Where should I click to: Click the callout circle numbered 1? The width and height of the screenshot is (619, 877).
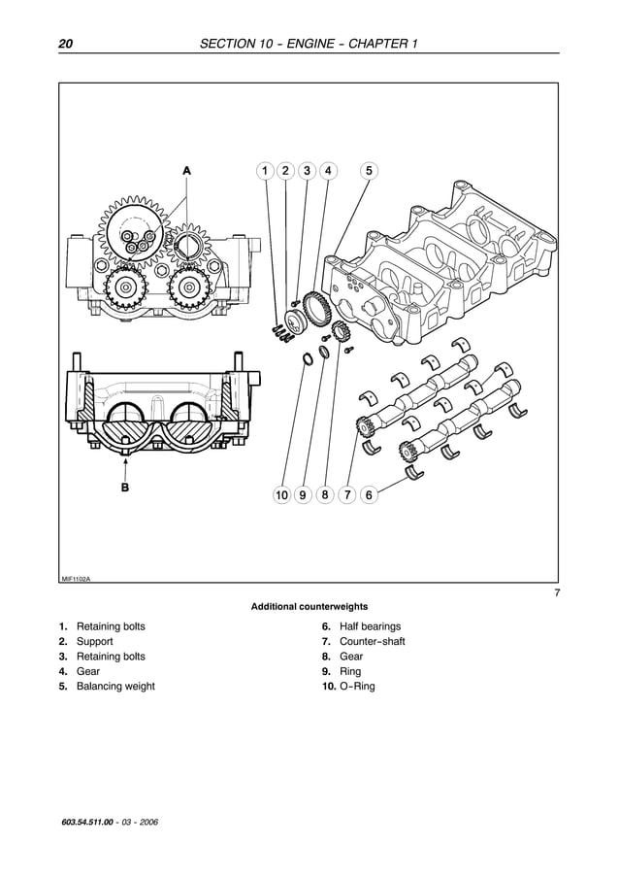click(x=264, y=171)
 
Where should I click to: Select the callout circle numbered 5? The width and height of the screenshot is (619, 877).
click(x=368, y=171)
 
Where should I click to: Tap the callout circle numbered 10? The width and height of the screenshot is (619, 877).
click(x=281, y=495)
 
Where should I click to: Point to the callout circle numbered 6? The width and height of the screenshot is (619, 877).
click(x=368, y=495)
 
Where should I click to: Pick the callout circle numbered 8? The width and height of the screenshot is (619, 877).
click(x=325, y=495)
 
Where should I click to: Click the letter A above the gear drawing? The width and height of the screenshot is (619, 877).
click(x=187, y=170)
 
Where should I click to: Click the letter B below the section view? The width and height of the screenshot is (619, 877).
click(x=124, y=489)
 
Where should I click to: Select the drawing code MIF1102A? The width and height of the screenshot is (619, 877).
click(x=76, y=578)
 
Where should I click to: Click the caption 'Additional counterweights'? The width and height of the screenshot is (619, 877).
click(x=309, y=607)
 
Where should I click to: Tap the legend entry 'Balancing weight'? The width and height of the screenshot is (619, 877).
click(x=114, y=687)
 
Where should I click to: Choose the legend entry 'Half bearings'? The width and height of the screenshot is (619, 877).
click(x=370, y=627)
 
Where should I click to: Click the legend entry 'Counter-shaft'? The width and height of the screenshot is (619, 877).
click(x=372, y=642)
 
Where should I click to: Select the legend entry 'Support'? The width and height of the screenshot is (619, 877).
click(x=94, y=642)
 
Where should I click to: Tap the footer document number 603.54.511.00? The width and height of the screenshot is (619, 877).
click(x=93, y=823)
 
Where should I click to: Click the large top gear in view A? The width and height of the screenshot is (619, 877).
click(x=130, y=231)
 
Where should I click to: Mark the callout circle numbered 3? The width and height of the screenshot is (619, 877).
click(x=307, y=171)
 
